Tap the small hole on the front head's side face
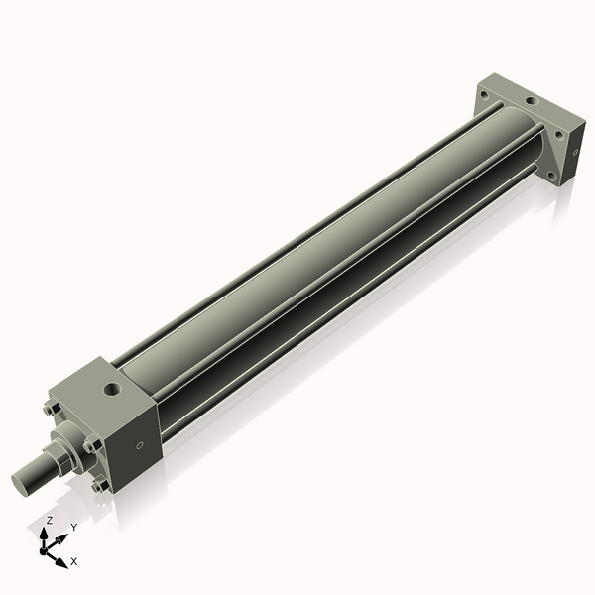pos(139,444)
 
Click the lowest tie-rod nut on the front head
pos(97,486)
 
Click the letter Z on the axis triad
pos(49,520)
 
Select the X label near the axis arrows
pos(74,561)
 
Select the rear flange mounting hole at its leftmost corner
pos(483,95)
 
